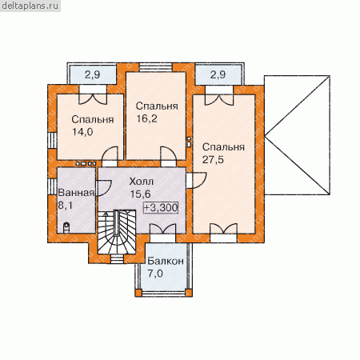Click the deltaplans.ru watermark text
(x=30, y=6)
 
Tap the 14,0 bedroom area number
(x=82, y=132)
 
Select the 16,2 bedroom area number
(x=147, y=118)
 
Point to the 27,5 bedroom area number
(x=213, y=160)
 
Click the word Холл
(x=142, y=182)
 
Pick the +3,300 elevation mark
(x=161, y=207)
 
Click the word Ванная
(x=76, y=193)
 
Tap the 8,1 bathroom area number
(x=66, y=206)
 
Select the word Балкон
(x=166, y=261)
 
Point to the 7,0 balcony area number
(x=155, y=274)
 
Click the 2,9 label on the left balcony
(x=93, y=74)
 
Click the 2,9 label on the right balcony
(x=218, y=74)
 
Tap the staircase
(x=117, y=232)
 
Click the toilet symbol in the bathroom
(x=66, y=227)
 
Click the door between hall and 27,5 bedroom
(x=197, y=181)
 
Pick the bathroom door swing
(x=103, y=188)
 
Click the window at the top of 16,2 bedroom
(x=156, y=67)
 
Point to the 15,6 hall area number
(x=141, y=194)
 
